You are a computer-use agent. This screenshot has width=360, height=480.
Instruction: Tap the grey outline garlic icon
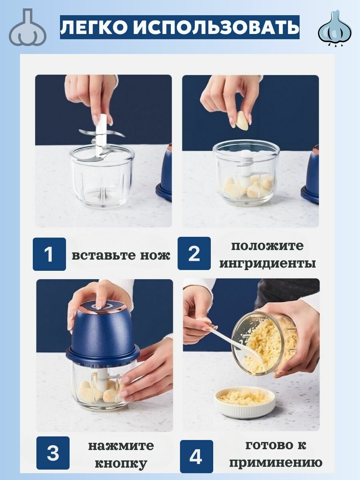pyautogui.click(x=28, y=27)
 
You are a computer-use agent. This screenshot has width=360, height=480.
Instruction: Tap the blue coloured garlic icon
pyautogui.click(x=335, y=28)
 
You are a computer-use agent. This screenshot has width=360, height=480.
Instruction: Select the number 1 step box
pyautogui.click(x=49, y=254)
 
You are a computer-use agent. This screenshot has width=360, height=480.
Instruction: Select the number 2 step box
pyautogui.click(x=194, y=253)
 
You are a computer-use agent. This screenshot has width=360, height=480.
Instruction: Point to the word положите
pyautogui.click(x=267, y=246)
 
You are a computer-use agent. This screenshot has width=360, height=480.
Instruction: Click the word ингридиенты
pyautogui.click(x=267, y=263)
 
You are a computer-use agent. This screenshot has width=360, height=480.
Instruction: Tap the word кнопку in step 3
pyautogui.click(x=121, y=463)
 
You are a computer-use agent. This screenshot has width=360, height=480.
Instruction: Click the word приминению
pyautogui.click(x=276, y=463)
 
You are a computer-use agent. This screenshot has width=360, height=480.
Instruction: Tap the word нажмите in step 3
pyautogui.click(x=121, y=446)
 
